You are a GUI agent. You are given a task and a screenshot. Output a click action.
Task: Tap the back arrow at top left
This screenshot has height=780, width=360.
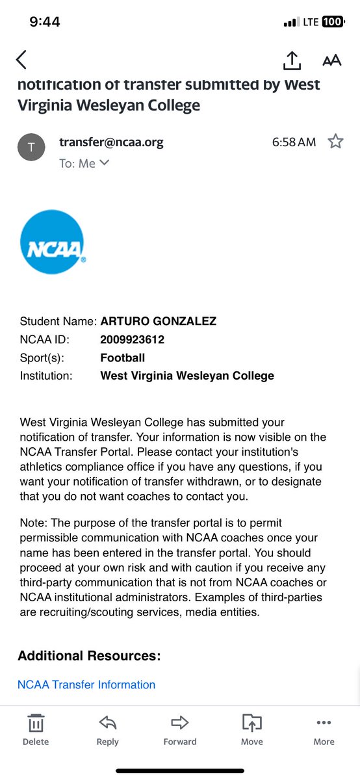click(x=21, y=60)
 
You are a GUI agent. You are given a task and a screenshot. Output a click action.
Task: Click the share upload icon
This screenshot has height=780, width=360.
click(x=292, y=60)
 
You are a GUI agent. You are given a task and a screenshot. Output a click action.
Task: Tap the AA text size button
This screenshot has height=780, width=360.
click(x=331, y=60)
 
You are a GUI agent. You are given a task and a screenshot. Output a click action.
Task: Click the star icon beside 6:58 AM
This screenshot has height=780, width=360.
click(x=335, y=141)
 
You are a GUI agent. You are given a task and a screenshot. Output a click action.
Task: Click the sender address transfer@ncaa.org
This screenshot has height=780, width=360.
click(x=111, y=142)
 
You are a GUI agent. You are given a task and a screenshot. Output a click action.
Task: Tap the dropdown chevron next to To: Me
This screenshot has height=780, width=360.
click(x=104, y=163)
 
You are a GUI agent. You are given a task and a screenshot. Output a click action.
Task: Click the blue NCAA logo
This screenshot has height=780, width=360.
click(x=52, y=241)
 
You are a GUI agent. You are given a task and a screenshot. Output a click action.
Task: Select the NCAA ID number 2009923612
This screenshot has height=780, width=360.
click(x=133, y=339)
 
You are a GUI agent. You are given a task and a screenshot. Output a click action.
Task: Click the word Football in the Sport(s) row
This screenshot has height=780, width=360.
click(x=123, y=357)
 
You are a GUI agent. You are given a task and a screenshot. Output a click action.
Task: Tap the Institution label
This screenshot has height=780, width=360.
click(x=46, y=376)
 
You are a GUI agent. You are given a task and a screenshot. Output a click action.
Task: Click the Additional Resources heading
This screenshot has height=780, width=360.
click(x=89, y=655)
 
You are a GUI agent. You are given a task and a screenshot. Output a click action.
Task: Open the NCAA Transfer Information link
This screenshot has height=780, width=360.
click(x=86, y=684)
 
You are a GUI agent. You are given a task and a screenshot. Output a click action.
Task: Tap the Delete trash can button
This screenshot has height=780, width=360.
click(x=36, y=729)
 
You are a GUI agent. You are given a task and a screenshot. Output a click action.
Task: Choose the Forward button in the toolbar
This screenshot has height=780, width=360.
click(x=180, y=729)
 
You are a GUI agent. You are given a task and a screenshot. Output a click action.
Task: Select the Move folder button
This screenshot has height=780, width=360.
click(x=251, y=729)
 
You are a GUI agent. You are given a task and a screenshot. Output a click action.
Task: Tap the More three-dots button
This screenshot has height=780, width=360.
click(x=324, y=729)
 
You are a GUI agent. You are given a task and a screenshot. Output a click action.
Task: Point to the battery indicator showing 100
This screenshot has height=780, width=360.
click(x=332, y=22)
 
